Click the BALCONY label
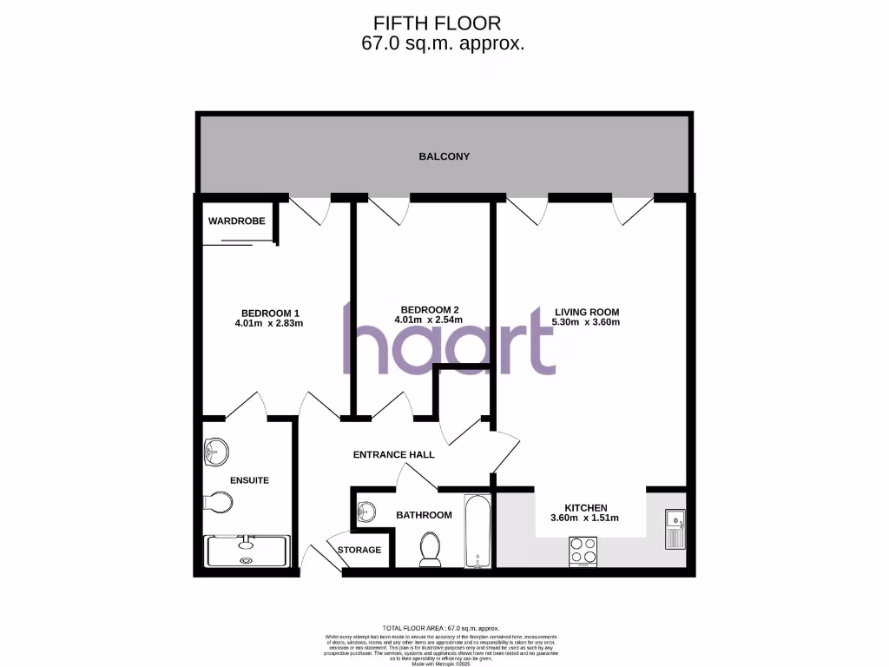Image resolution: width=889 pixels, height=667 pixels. pos(444,156)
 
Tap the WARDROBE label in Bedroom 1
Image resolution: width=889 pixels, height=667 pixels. pos(236,221)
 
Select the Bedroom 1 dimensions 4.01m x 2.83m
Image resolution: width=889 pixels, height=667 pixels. pos(269,323)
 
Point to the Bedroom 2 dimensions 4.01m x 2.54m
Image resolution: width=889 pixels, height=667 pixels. pos(429,320)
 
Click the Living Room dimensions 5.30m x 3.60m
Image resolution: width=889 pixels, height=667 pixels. pos(586,322)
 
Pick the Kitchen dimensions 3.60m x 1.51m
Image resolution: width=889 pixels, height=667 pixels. pos(585,518)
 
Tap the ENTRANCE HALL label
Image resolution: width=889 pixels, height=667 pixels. pos(393,454)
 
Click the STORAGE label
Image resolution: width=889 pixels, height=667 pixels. pos(359,550)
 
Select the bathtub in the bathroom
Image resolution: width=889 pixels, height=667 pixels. pos(477,532)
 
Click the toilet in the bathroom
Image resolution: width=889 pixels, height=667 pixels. pos(430,549)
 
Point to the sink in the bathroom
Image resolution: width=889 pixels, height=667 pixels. pos(366,512)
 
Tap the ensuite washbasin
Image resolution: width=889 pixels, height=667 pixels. pos(216,451)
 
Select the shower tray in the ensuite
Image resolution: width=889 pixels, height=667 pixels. pos(246,551)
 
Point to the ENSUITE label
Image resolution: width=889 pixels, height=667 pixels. pos(249,480)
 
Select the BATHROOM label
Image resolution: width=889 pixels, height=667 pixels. pos(424,515)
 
